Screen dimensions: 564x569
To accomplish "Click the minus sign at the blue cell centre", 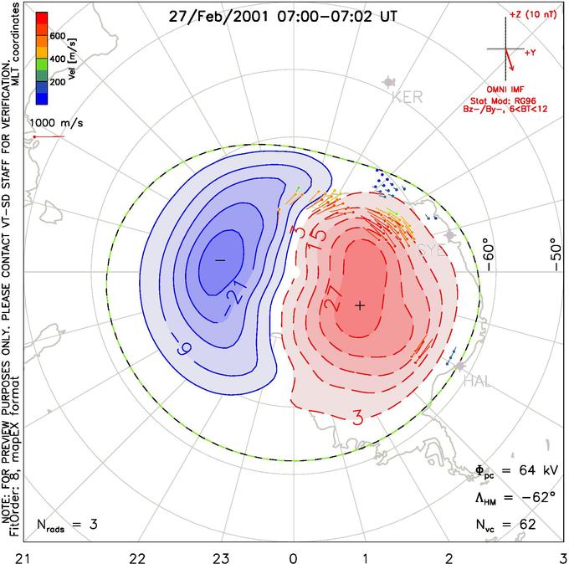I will click(x=220, y=260).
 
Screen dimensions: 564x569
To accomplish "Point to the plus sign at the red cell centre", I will click(x=360, y=305).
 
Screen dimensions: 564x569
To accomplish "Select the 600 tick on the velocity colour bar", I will click(x=57, y=36).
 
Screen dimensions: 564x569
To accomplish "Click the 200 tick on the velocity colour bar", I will click(x=57, y=82).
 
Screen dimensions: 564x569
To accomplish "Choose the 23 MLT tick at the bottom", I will click(x=221, y=556).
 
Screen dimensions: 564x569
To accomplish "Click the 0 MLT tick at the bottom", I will click(x=294, y=556).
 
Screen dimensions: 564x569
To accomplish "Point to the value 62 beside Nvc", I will click(x=525, y=525).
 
